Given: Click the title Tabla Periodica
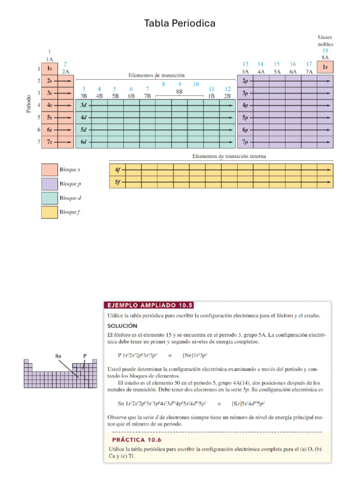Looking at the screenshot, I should (x=180, y=23).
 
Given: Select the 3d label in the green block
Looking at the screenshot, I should (x=84, y=105).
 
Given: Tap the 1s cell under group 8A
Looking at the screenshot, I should (x=325, y=67).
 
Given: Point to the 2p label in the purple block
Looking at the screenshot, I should (x=245, y=81).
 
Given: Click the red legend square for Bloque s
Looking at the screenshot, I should (x=49, y=170).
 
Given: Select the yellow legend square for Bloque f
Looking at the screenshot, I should (x=49, y=212).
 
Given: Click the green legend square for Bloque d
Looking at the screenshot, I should (x=49, y=198).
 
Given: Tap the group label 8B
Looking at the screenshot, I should (x=180, y=92).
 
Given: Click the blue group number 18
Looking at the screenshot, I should (x=325, y=51).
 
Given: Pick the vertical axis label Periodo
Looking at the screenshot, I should (x=29, y=105).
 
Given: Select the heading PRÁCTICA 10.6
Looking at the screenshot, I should (x=136, y=440).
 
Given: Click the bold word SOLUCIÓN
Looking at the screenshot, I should (x=122, y=326).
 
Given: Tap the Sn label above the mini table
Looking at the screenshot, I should (x=59, y=356).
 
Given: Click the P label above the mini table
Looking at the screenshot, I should (x=85, y=356).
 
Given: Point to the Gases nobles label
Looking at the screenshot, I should (x=325, y=40).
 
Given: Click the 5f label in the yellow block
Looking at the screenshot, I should (x=117, y=181).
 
